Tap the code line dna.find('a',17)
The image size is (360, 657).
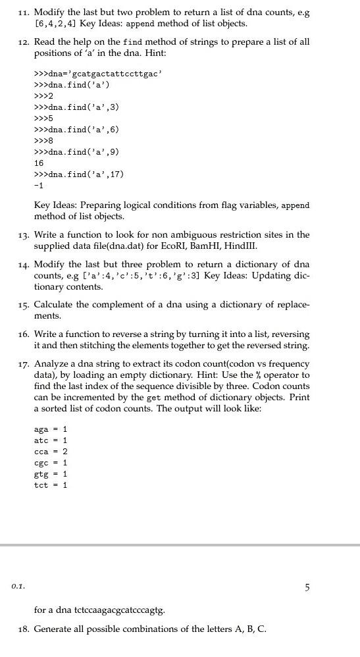(79, 174)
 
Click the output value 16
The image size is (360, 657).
(39, 163)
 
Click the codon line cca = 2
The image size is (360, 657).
(51, 451)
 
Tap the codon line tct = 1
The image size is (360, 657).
(51, 485)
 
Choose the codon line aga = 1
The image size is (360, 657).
(51, 429)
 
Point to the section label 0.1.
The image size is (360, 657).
(18, 584)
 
